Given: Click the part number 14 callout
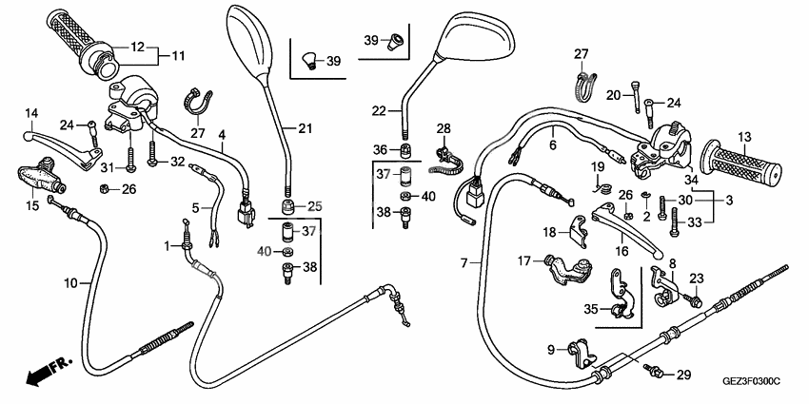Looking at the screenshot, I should (30, 113).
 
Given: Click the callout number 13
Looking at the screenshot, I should (744, 137).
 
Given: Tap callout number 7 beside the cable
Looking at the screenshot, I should (464, 261).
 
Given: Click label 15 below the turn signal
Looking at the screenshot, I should (30, 205).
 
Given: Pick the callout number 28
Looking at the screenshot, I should (443, 128).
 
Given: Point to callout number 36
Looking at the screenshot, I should (380, 149).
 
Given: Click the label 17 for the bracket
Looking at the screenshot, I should (523, 260).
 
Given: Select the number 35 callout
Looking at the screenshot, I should (591, 309).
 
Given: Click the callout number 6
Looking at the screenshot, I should (551, 146).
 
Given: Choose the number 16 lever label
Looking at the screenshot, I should (623, 251).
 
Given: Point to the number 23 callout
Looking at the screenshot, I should (697, 279).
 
